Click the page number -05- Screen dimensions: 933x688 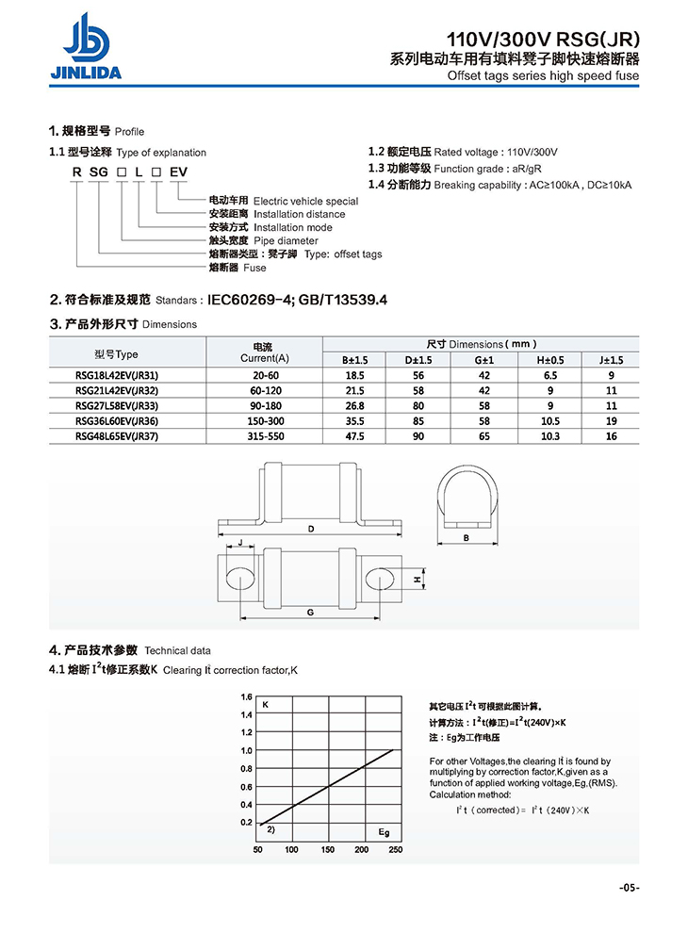click(x=630, y=887)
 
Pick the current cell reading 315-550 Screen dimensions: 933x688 click(x=264, y=435)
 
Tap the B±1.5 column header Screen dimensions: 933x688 click(x=355, y=359)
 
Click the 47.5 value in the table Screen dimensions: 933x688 click(x=355, y=435)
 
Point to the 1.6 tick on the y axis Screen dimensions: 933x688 click(x=247, y=697)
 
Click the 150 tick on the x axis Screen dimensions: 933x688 click(x=327, y=850)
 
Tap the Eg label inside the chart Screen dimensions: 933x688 click(x=384, y=832)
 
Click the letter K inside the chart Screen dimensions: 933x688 click(x=266, y=706)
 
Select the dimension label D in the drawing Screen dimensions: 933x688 click(x=310, y=530)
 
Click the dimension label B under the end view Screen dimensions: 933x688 click(x=467, y=538)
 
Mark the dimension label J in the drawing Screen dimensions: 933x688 click(x=241, y=543)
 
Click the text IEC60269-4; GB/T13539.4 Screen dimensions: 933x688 click(x=297, y=301)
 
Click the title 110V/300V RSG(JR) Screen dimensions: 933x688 click(x=543, y=40)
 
